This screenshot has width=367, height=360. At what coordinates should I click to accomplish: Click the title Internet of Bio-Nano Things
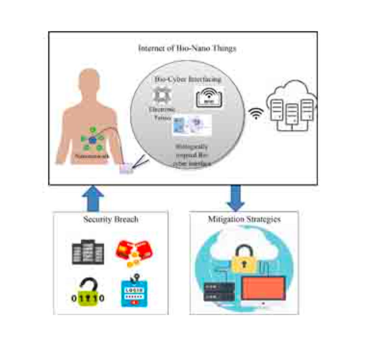(187, 49)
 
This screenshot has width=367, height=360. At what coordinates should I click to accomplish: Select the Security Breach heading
(111, 219)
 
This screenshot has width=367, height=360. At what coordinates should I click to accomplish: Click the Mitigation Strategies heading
(244, 219)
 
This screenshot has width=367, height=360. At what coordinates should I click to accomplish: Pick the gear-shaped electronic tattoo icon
(162, 96)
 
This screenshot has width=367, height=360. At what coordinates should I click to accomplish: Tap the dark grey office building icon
(88, 252)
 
